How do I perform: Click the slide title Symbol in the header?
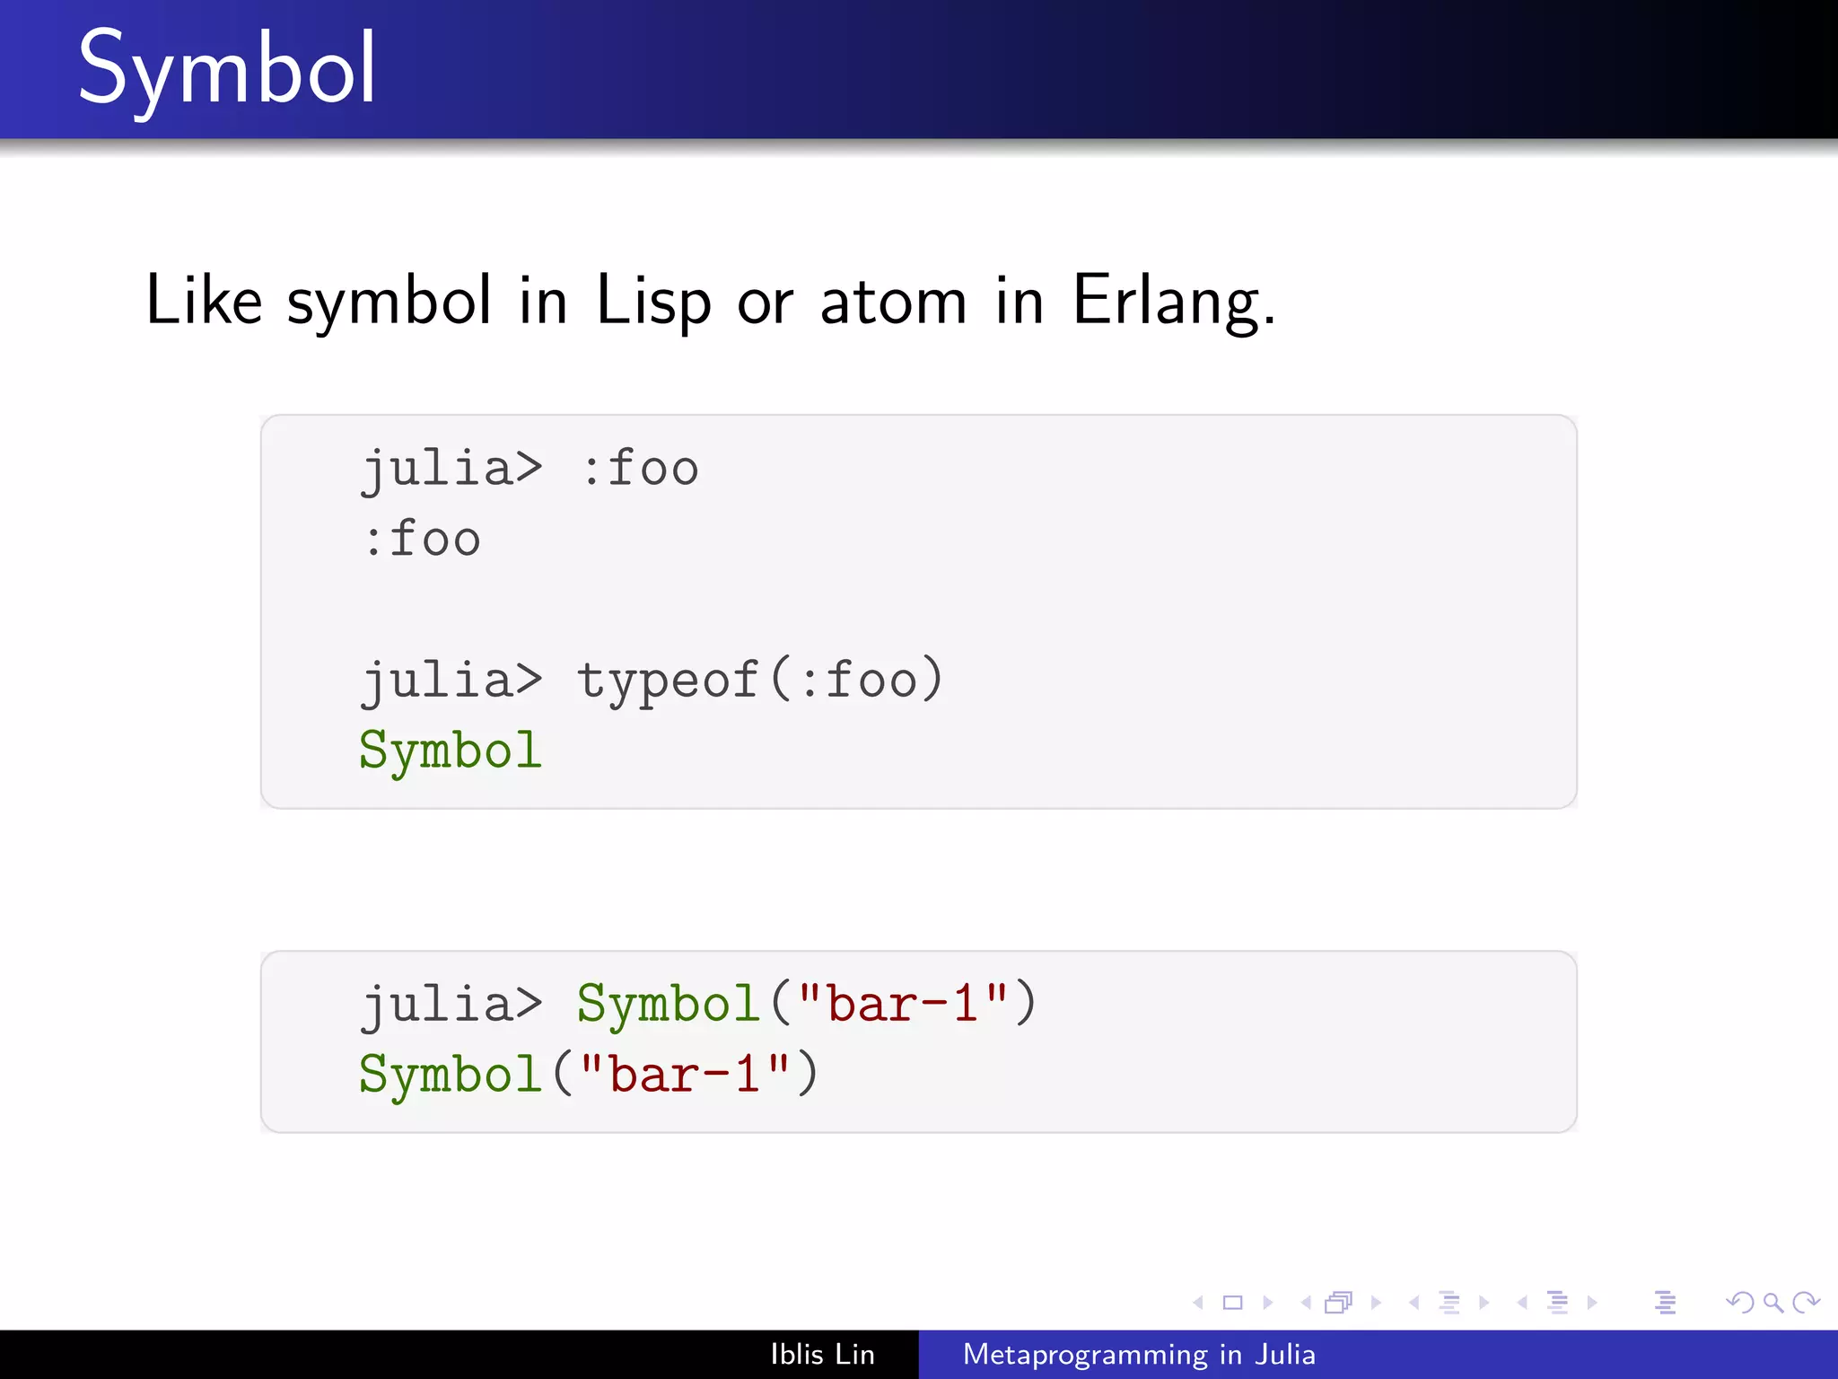[x=226, y=70]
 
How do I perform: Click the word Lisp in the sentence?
[x=652, y=301]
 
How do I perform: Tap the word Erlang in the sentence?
[x=1172, y=301]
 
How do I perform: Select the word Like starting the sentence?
[x=204, y=300]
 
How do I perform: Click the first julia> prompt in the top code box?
[x=451, y=470]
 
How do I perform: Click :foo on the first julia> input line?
[x=640, y=470]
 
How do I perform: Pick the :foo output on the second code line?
[x=422, y=540]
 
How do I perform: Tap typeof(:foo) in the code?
[x=759, y=680]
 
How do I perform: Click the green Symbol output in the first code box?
[x=451, y=751]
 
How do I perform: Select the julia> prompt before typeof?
[x=451, y=680]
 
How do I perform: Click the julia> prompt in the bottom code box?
[x=451, y=1004]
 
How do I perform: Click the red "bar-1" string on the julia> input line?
[x=903, y=1004]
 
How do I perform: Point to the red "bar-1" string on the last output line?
[x=685, y=1074]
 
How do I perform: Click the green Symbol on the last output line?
[x=451, y=1074]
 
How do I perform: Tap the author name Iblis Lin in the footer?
[x=822, y=1354]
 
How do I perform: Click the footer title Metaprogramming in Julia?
[x=1139, y=1354]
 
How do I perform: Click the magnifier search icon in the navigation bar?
[x=1772, y=1303]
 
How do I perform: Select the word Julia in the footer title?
[x=1285, y=1354]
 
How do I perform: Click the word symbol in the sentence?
[x=389, y=301]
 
